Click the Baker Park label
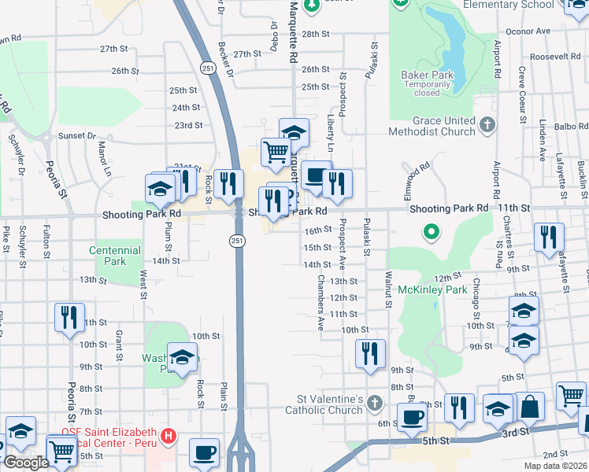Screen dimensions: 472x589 pos(428,75)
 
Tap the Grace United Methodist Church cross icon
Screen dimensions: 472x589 pos(488,124)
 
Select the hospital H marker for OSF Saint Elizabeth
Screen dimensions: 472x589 pos(167,435)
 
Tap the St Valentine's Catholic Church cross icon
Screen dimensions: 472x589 pos(375,404)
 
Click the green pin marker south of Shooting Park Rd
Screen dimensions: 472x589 pos(431,232)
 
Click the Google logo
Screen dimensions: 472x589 pos(25,463)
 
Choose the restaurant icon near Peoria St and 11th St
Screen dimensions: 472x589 pos(69,317)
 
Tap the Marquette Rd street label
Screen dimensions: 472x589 pos(293,31)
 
